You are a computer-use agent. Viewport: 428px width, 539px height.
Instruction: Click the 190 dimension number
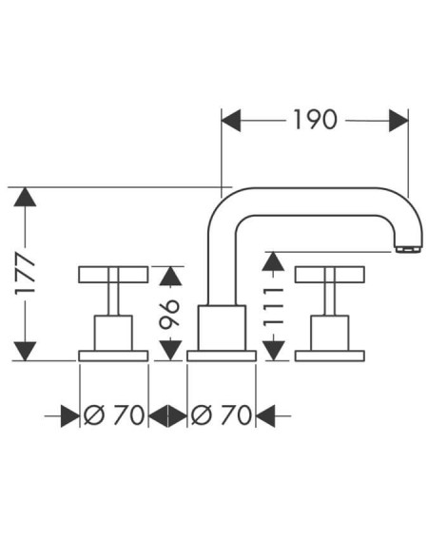[x=315, y=120]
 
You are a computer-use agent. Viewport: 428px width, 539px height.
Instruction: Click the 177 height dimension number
[x=25, y=274]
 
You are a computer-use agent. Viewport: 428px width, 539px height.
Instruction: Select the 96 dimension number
[x=170, y=313]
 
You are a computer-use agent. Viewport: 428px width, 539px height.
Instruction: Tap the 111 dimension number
[x=273, y=307]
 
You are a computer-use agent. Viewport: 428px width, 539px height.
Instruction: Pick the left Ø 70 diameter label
[x=114, y=414]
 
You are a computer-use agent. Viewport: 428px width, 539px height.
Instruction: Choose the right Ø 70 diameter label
[x=222, y=414]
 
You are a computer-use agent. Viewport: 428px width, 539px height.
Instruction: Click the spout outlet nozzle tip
[x=408, y=249]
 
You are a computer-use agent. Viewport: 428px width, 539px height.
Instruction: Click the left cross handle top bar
[x=113, y=275]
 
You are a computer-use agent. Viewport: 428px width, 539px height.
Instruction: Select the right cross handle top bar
[x=330, y=275]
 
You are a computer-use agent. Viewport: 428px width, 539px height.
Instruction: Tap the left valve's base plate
[x=113, y=356]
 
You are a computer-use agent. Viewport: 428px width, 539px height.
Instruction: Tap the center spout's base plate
[x=222, y=356]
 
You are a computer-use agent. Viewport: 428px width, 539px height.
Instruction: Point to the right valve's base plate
[x=330, y=356]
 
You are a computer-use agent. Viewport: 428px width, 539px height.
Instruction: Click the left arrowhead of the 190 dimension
[x=231, y=121]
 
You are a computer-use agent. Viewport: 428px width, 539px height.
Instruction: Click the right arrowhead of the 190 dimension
[x=399, y=121]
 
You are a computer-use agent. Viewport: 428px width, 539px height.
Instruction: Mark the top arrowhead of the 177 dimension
[x=25, y=197]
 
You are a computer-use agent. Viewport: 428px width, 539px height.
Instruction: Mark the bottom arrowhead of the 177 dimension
[x=25, y=352]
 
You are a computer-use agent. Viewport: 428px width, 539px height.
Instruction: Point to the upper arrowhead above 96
[x=170, y=276]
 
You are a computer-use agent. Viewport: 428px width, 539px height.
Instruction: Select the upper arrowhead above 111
[x=273, y=261]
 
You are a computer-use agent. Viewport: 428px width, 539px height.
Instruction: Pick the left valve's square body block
[x=113, y=333]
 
